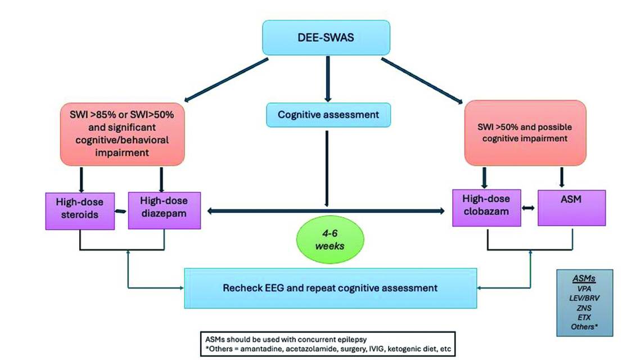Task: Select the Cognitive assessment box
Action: (328, 115)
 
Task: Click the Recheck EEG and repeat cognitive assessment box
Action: (329, 287)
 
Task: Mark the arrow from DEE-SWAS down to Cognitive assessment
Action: (327, 79)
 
